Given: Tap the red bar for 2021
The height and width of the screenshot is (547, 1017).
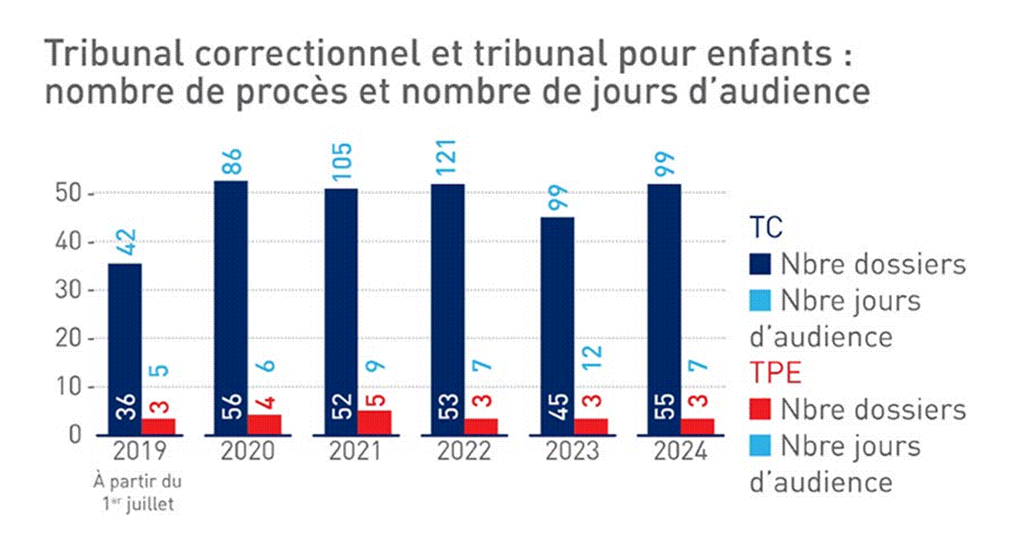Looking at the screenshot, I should coord(374,422).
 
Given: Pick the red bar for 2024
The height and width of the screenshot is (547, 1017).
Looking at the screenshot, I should coord(697,426).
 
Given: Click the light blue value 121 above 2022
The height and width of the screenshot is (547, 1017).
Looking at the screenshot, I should coord(447,157).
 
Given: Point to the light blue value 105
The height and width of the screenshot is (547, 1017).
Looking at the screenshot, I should coord(342,161).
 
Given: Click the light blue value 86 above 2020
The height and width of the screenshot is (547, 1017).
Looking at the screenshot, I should coord(233,163).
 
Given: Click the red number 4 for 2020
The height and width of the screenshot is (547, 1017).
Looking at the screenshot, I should coord(268,401).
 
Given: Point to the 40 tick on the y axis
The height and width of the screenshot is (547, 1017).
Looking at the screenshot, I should coord(68,242).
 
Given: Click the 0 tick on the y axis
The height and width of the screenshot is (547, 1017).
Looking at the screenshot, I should coord(74,434).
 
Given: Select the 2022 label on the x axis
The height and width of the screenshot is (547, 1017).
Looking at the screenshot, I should coord(463,451).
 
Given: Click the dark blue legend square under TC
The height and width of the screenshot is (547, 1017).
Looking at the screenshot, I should coord(760,264).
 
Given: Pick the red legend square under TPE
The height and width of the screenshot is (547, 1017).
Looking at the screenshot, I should coord(760,409).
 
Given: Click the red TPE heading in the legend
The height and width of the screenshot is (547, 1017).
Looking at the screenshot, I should coord(775,372).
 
